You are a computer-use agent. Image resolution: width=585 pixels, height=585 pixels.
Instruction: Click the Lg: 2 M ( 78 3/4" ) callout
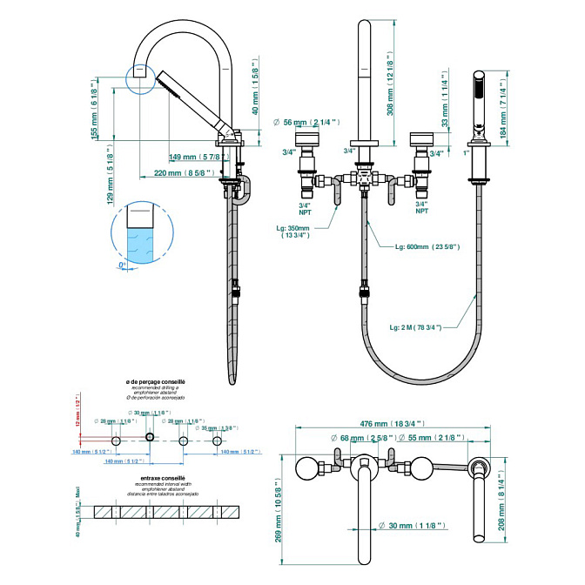coord(415,326)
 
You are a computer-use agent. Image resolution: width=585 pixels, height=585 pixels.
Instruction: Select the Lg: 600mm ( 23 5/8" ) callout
coord(427,247)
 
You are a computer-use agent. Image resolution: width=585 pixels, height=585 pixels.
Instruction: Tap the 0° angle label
coord(124,264)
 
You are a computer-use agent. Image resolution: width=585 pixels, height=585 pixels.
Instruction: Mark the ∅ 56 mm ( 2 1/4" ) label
coord(307,122)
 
